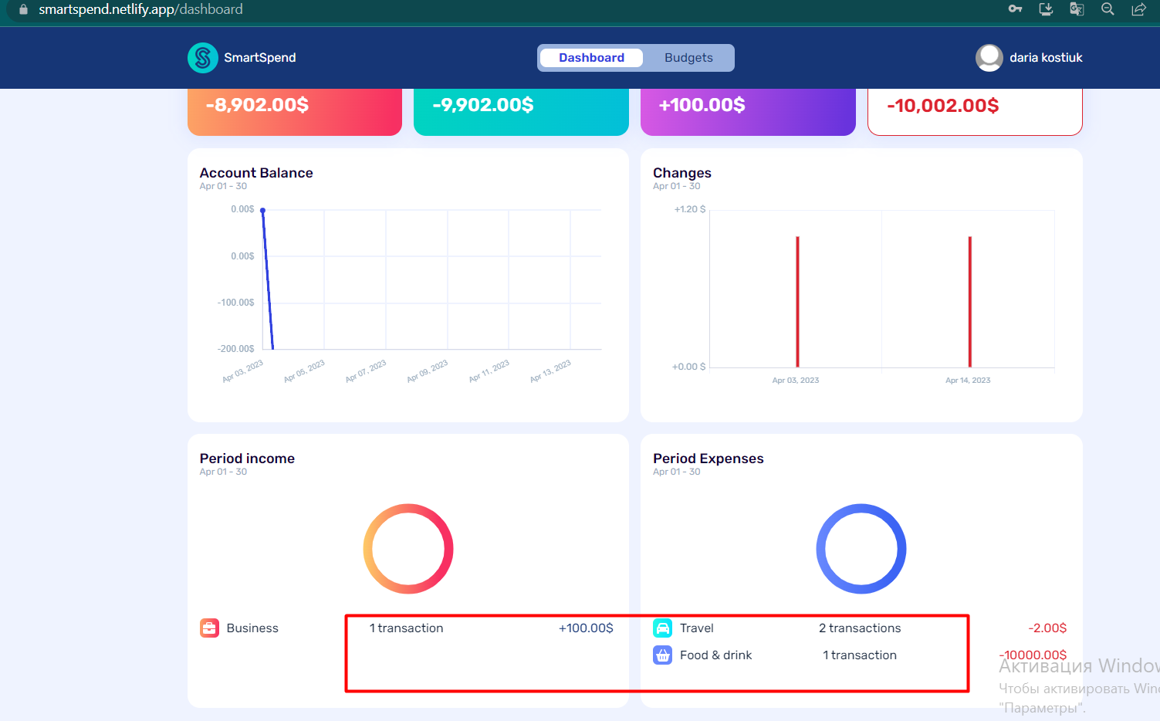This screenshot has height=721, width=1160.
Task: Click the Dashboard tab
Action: [591, 58]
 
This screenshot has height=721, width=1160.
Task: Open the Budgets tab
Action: [688, 58]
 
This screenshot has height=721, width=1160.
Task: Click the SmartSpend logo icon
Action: [203, 58]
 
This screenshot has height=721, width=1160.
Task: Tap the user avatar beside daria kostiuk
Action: [989, 58]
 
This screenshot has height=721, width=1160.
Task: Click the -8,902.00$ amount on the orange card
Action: [257, 105]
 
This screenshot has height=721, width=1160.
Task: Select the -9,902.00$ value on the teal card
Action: [483, 105]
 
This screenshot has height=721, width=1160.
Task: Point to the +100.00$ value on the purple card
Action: [702, 105]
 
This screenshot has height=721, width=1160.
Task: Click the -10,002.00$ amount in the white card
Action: [942, 106]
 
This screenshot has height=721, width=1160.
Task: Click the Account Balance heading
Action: [256, 173]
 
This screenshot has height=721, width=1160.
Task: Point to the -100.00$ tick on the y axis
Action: [235, 303]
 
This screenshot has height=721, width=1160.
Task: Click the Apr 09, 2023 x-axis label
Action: [428, 371]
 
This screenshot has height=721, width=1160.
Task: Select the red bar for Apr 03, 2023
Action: [797, 301]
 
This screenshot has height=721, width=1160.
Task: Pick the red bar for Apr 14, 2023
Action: [969, 301]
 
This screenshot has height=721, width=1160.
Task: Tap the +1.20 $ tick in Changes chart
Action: [689, 209]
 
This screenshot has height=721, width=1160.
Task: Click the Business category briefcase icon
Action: [210, 628]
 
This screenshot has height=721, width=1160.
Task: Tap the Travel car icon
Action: [663, 628]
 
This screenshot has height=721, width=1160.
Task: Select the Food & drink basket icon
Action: [663, 655]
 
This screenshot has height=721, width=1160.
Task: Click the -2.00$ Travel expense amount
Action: [1047, 628]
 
